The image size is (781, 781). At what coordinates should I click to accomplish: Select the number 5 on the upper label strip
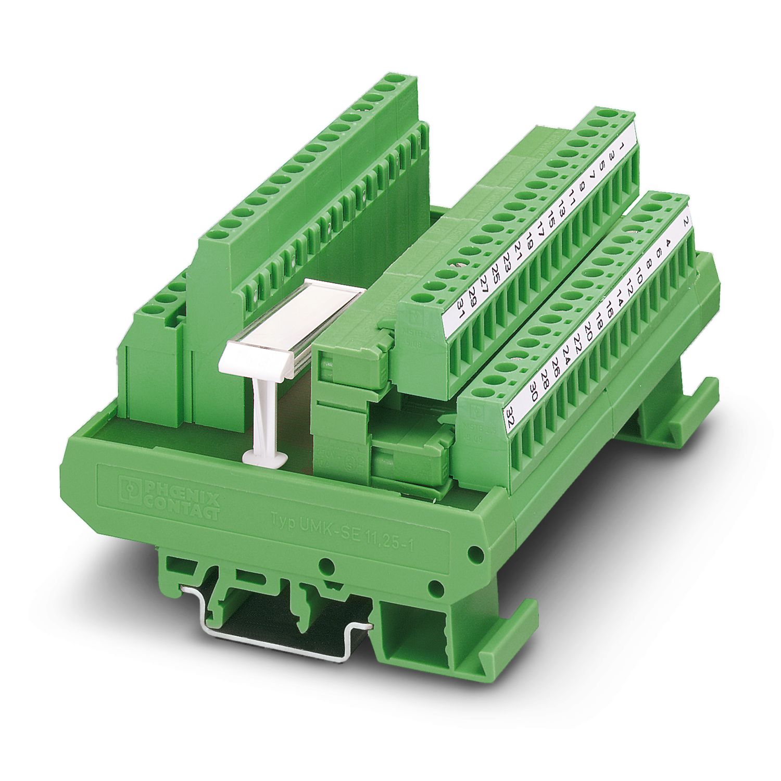pos(602,165)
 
